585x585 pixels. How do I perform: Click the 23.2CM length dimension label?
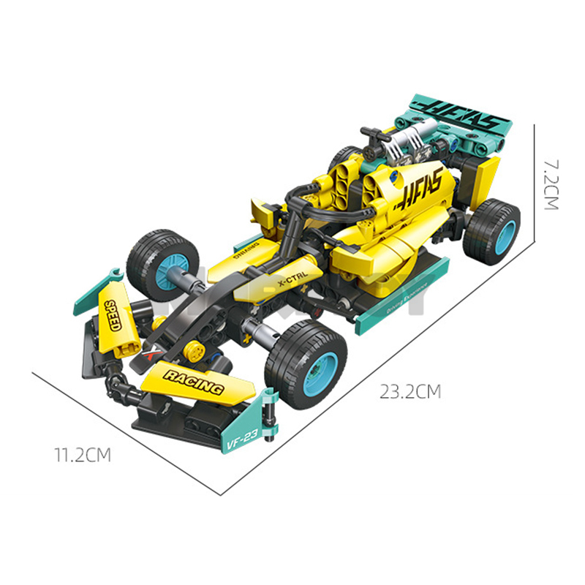click(410, 392)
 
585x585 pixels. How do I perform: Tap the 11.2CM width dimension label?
click(82, 456)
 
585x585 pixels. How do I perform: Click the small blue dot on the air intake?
click(396, 176)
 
